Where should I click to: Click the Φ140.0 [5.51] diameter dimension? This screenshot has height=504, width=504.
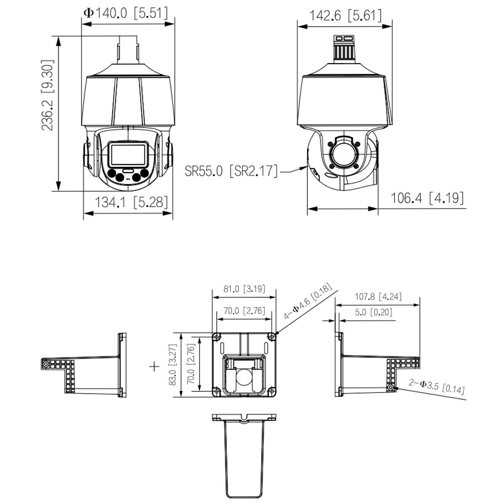pos(125,13)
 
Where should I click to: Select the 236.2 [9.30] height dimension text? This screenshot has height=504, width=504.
pos(47,95)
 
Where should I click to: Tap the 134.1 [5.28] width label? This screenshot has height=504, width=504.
pos(131,202)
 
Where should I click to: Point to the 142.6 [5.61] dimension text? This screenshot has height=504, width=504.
pos(345,16)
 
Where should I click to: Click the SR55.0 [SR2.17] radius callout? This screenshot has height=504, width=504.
pos(231,171)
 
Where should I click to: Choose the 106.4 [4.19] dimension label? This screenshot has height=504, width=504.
pos(427,198)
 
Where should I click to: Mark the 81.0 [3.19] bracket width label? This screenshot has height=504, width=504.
pos(244,289)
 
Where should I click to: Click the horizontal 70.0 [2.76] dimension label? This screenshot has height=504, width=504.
pos(244,310)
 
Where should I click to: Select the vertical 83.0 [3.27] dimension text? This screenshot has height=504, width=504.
pos(172,365)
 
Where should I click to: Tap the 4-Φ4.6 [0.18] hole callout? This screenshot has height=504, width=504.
pos(307,301)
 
